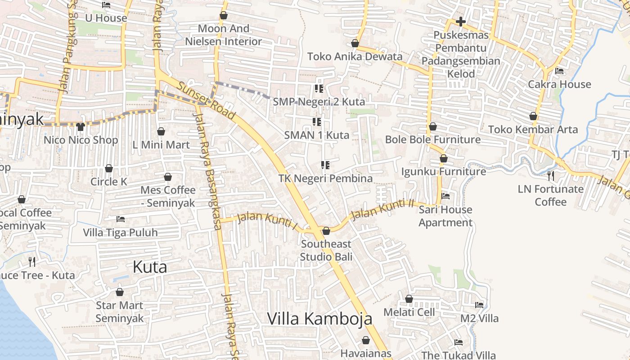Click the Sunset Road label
click(x=206, y=100)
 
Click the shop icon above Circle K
click(x=109, y=168)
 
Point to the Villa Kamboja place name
click(x=319, y=319)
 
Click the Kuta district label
click(x=150, y=267)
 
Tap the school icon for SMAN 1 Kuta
click(x=317, y=122)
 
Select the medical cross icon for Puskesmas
click(x=460, y=22)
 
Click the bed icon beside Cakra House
click(x=559, y=71)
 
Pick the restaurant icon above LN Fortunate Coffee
click(x=550, y=175)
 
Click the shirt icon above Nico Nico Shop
click(x=81, y=127)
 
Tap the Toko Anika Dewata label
click(x=355, y=57)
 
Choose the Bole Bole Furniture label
click(x=432, y=139)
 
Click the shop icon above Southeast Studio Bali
click(x=326, y=231)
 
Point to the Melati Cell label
click(x=409, y=312)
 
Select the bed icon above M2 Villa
click(x=479, y=305)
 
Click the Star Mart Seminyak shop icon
click(x=120, y=292)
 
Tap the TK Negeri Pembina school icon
click(x=325, y=165)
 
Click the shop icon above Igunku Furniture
click(x=444, y=158)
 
